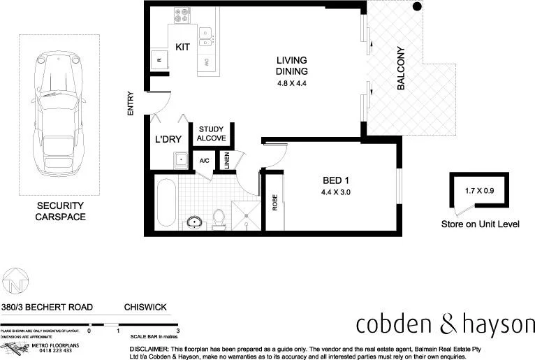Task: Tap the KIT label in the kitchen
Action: coord(182,47)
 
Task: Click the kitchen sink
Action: coord(205,36)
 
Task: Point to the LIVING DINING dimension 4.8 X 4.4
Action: coord(292,83)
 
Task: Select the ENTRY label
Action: coord(130,104)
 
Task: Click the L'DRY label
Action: coord(168,140)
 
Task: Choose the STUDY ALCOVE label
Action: coord(211,134)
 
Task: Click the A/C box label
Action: coord(205,161)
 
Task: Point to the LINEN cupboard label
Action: coord(228,161)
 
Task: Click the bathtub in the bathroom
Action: coord(166,202)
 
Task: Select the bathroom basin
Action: coord(193,223)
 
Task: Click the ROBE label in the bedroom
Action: coord(274,203)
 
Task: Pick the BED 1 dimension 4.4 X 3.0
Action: coord(337,192)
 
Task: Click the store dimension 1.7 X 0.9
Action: coord(478,189)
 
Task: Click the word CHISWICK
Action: coord(145,306)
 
